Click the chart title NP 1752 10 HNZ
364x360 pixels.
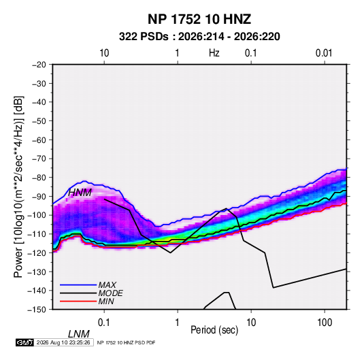pos(199,19)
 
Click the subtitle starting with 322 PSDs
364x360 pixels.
pos(199,37)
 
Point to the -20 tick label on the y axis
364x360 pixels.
pos(39,65)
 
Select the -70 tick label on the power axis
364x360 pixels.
pos(39,159)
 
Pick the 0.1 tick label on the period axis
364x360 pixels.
pos(103,323)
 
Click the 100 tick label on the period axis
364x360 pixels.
pos(325,323)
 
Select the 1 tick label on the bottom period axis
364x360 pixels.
pos(178,323)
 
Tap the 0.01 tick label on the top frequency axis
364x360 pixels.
pos(324,53)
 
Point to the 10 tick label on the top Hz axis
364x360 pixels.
pos(104,53)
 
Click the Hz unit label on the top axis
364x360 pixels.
pos(214,53)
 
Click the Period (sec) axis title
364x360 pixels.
pos(214,330)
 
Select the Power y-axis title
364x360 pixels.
pos(18,187)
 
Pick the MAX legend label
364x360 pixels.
pos(107,285)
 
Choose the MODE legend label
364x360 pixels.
pos(110,293)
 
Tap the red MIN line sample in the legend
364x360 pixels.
pos(78,301)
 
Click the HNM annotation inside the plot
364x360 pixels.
pos(80,193)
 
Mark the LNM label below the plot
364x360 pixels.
pos(79,334)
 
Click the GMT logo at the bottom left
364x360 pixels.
pos(24,342)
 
